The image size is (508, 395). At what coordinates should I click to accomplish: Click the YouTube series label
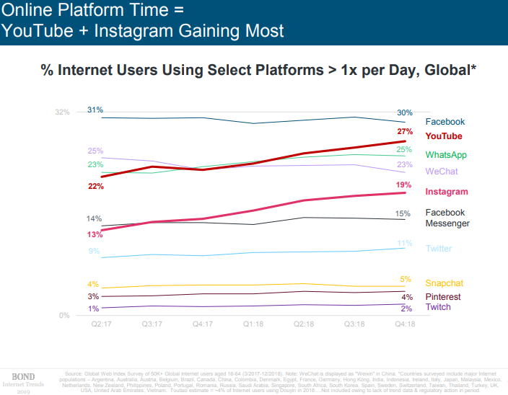coord(444,136)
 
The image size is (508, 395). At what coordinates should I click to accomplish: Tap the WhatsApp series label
coord(446,155)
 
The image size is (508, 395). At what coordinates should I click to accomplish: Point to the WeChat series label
coord(442,172)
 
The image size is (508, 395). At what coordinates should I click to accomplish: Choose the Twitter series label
coord(439,249)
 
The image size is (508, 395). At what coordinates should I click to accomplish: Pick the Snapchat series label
coord(444,283)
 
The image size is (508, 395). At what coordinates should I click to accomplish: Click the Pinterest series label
coord(443,297)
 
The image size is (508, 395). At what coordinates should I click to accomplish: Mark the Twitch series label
coord(438,308)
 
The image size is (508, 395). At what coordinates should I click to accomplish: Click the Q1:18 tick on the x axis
coord(253,324)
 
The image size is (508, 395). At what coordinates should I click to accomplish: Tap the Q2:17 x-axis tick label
coord(101,324)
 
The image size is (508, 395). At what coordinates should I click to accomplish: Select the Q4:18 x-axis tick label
coord(404,324)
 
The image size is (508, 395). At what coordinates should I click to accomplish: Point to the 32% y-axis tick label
coord(63,112)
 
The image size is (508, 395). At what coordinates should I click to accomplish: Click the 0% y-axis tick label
coord(63,315)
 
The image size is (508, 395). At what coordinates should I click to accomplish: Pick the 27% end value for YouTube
coord(405,132)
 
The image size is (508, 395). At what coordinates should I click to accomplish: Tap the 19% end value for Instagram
coord(405,185)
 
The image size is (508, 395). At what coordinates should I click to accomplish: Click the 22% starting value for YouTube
coord(96,186)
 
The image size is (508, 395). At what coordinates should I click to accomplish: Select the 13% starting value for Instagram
coord(95,234)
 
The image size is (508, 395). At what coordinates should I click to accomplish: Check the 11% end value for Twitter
coord(405,243)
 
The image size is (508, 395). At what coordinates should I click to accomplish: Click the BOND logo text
coord(25,376)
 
